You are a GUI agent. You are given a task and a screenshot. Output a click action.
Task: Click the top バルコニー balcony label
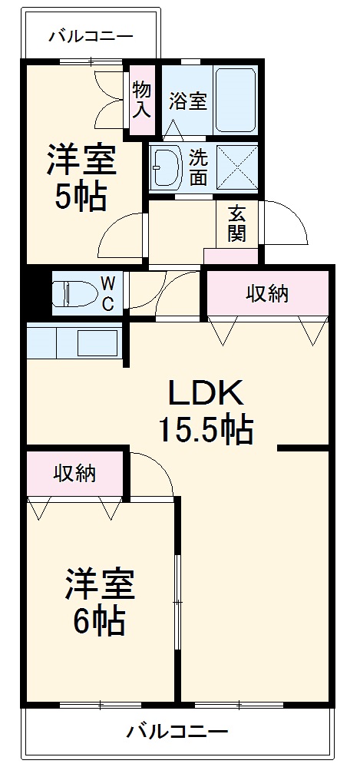point(91,35)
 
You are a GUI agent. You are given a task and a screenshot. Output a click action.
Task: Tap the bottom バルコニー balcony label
point(177,729)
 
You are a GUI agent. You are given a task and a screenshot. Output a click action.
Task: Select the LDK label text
point(206,394)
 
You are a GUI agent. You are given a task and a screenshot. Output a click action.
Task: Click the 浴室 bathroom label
point(188,101)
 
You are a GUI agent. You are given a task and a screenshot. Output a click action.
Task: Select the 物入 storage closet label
point(141,98)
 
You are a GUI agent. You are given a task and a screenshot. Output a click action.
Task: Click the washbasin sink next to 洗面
point(165,164)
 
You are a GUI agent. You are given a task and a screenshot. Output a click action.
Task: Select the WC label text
point(107,293)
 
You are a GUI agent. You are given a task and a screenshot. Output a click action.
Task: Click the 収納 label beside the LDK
point(267,293)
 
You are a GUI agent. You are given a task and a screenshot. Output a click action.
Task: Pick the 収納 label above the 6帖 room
point(74,474)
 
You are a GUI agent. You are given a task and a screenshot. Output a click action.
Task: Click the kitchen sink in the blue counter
point(97,342)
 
